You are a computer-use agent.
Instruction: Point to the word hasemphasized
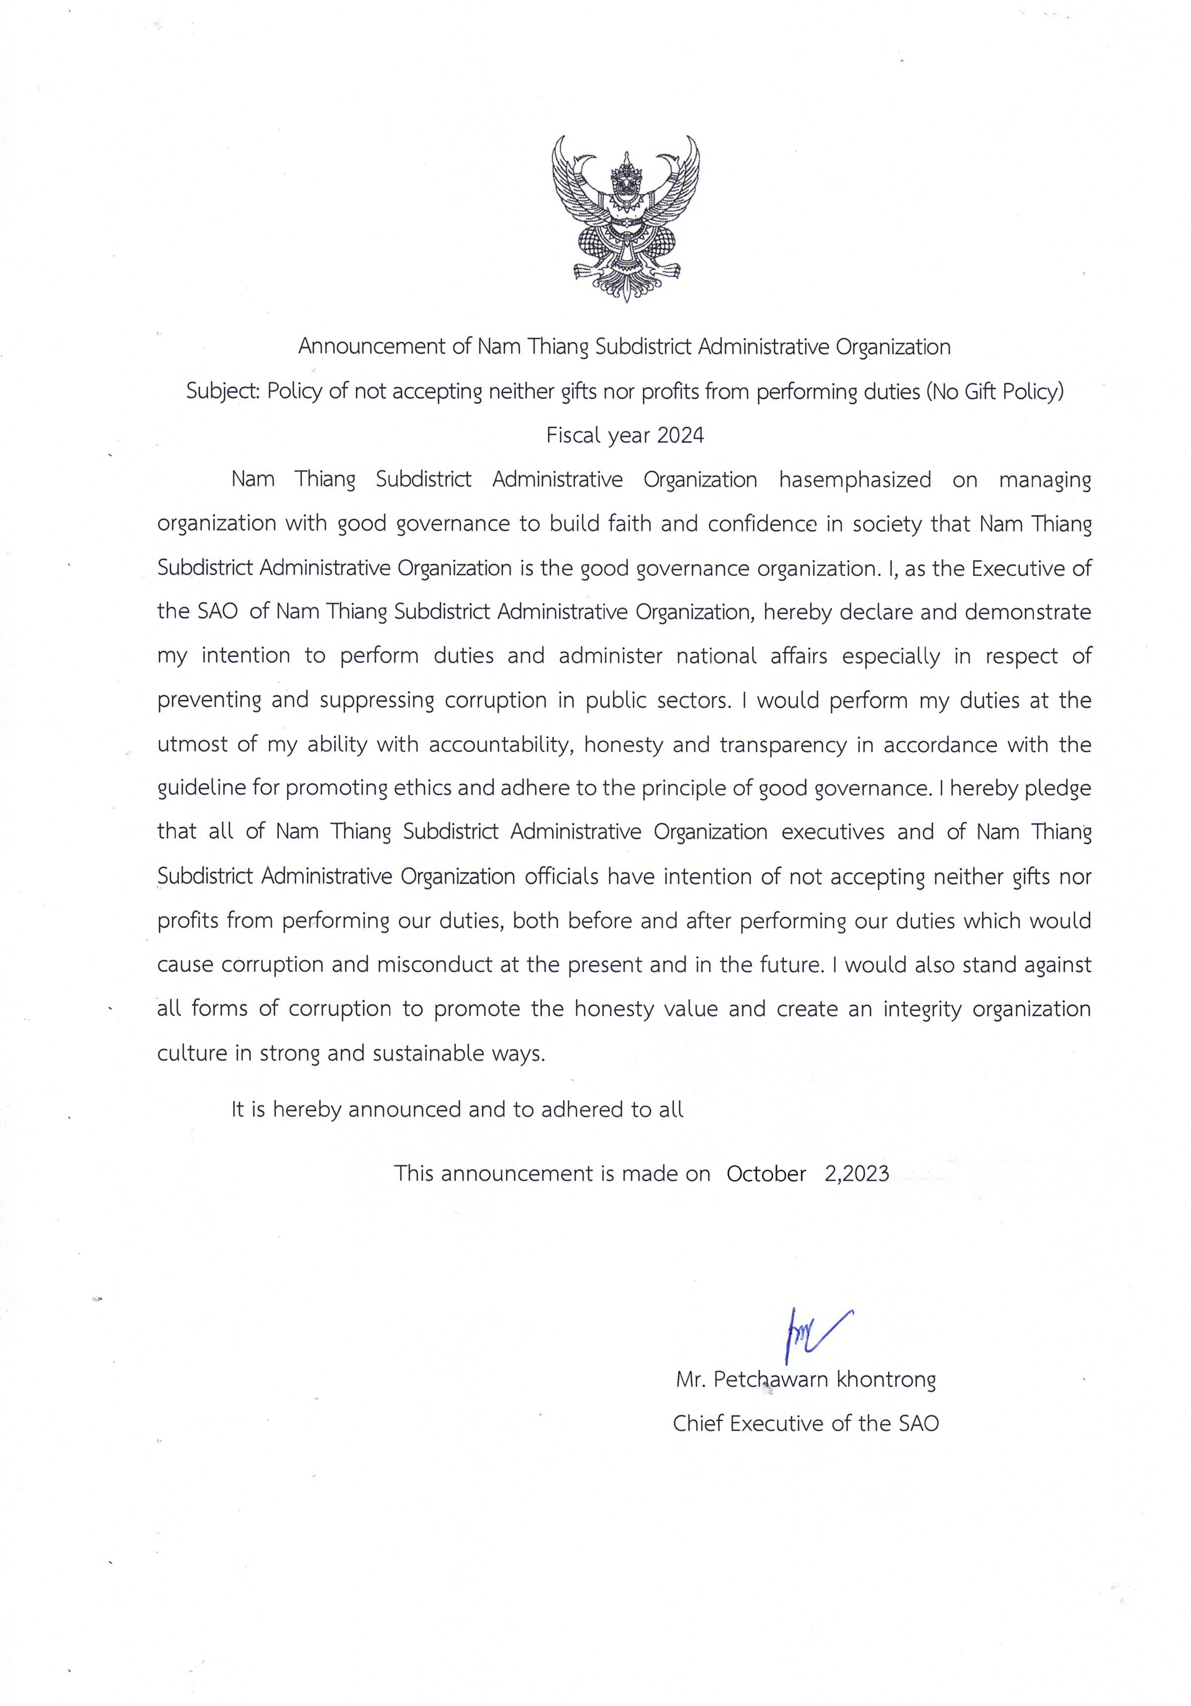point(855,480)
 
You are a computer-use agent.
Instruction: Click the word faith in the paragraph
point(630,524)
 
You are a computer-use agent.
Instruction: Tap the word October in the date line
point(766,1173)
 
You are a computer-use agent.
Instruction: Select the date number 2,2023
point(857,1173)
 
